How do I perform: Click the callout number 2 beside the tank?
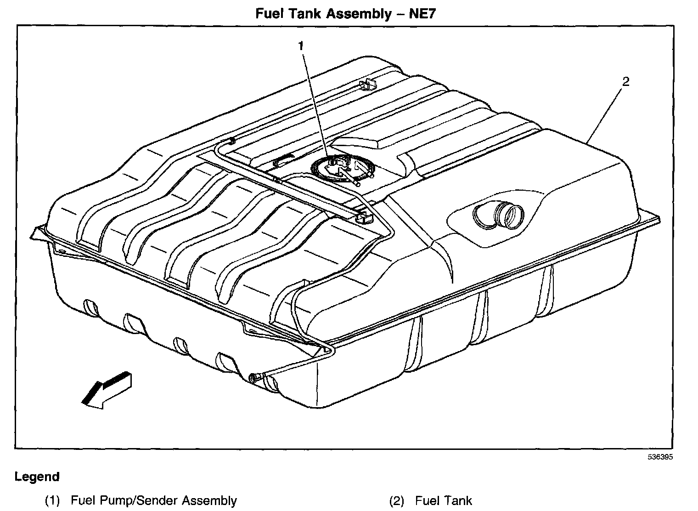[625, 81]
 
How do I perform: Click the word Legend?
[37, 477]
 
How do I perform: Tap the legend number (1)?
[52, 500]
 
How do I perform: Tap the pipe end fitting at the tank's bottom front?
[254, 377]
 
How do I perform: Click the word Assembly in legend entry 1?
[210, 500]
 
